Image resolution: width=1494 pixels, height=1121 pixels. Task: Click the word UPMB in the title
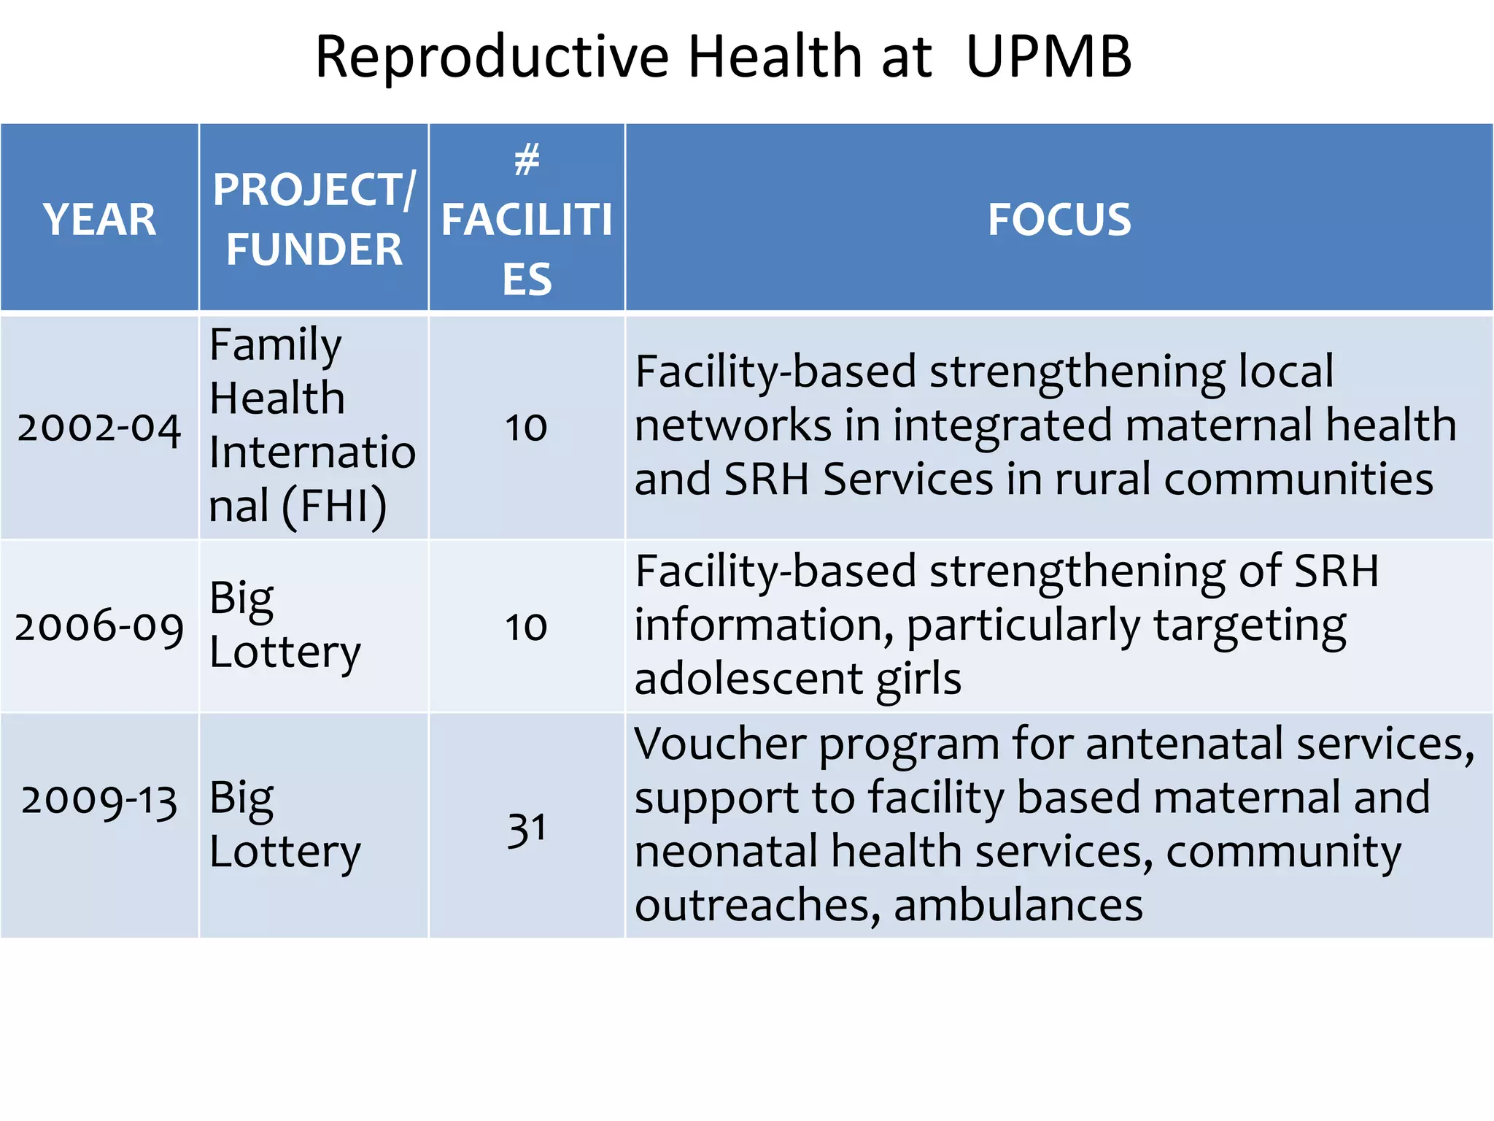pyautogui.click(x=1048, y=57)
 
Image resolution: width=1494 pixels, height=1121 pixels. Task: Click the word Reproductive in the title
pyautogui.click(x=492, y=58)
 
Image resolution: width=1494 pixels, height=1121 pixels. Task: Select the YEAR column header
pyautogui.click(x=99, y=220)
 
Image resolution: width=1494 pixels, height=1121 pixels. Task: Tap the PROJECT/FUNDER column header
pyautogui.click(x=314, y=219)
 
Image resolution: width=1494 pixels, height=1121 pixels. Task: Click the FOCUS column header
pyautogui.click(x=1059, y=220)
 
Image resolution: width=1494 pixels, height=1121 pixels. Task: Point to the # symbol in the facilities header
pyautogui.click(x=527, y=160)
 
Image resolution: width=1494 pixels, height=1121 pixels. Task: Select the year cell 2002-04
pyautogui.click(x=99, y=428)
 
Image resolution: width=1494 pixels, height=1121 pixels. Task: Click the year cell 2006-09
pyautogui.click(x=99, y=627)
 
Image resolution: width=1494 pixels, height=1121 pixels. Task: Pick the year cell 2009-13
pyautogui.click(x=99, y=801)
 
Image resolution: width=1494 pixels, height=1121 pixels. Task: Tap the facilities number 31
pyautogui.click(x=527, y=829)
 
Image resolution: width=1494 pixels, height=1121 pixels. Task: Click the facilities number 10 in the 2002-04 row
pyautogui.click(x=526, y=428)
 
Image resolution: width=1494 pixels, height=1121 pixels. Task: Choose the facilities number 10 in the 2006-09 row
pyautogui.click(x=526, y=627)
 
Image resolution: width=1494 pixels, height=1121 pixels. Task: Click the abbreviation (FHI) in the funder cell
pyautogui.click(x=334, y=506)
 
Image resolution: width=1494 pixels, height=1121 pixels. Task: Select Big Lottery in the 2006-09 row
pyautogui.click(x=285, y=625)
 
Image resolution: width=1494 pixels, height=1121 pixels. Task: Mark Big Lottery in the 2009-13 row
pyautogui.click(x=285, y=825)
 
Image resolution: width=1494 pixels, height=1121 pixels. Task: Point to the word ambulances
pyautogui.click(x=1018, y=906)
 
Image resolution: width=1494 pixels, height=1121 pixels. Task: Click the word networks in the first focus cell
pyautogui.click(x=732, y=425)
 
